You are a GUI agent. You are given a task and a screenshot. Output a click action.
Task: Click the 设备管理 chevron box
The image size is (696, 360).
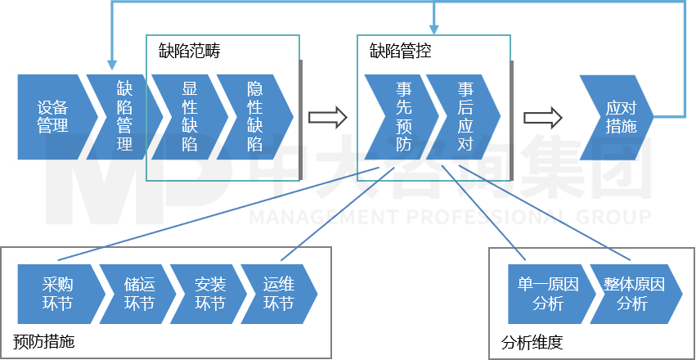pos(52,117)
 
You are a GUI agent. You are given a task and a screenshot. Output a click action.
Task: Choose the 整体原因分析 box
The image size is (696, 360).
pos(634,295)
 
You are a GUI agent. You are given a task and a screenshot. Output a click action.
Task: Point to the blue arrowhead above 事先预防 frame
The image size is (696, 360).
pos(433,29)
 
